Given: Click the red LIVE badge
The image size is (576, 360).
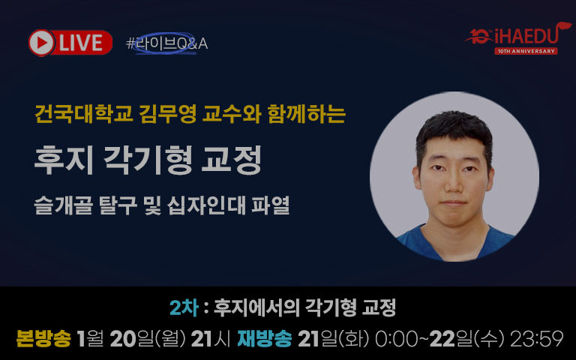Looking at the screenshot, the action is [x=70, y=43].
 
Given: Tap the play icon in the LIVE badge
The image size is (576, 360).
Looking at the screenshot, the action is [x=41, y=43].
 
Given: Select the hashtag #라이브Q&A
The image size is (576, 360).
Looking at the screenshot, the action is [x=166, y=43].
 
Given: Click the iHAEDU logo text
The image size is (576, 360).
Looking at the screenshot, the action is [x=526, y=36].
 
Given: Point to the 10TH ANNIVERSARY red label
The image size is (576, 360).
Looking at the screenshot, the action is [x=526, y=51].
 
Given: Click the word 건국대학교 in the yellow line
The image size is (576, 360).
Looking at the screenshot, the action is [x=83, y=114].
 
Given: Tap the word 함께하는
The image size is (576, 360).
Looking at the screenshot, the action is [x=307, y=114].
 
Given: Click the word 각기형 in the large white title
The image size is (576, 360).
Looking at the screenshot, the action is [x=148, y=160].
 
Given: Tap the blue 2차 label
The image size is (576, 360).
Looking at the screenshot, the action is [x=184, y=307].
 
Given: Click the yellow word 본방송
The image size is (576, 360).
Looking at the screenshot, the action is [x=43, y=339].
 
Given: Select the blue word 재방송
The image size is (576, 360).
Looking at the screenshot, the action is [x=265, y=339].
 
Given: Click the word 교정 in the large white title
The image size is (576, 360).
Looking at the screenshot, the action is [x=232, y=160].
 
